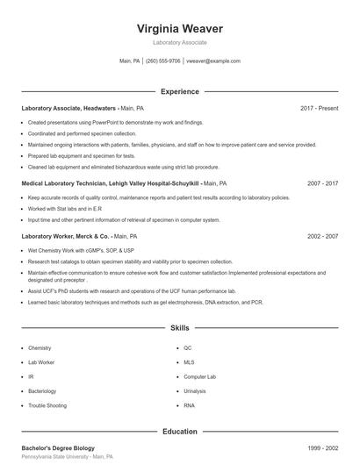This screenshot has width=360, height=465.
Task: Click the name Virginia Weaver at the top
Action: click(180, 28)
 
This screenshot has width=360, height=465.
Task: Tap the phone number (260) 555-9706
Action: click(162, 61)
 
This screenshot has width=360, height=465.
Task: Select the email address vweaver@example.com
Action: click(212, 61)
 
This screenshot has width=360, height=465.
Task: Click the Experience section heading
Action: click(180, 91)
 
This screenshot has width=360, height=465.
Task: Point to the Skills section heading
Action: click(180, 328)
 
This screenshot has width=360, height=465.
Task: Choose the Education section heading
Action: click(180, 432)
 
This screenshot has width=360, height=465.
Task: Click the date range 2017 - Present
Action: click(319, 108)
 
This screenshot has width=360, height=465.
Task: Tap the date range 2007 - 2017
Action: click(322, 184)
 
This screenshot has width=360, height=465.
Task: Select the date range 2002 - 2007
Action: click(322, 236)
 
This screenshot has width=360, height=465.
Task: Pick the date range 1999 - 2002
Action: click(322, 448)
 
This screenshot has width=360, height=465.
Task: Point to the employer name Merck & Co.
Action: click(92, 236)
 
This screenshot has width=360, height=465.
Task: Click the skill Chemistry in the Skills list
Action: click(40, 348)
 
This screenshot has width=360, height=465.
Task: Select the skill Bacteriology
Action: click(42, 391)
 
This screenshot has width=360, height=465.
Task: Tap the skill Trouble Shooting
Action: click(46, 405)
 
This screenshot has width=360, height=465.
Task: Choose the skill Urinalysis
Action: click(195, 391)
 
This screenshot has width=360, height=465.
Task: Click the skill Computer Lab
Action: click(199, 376)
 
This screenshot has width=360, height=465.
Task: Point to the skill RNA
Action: click(189, 405)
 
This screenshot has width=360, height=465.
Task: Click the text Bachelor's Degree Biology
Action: click(58, 448)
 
